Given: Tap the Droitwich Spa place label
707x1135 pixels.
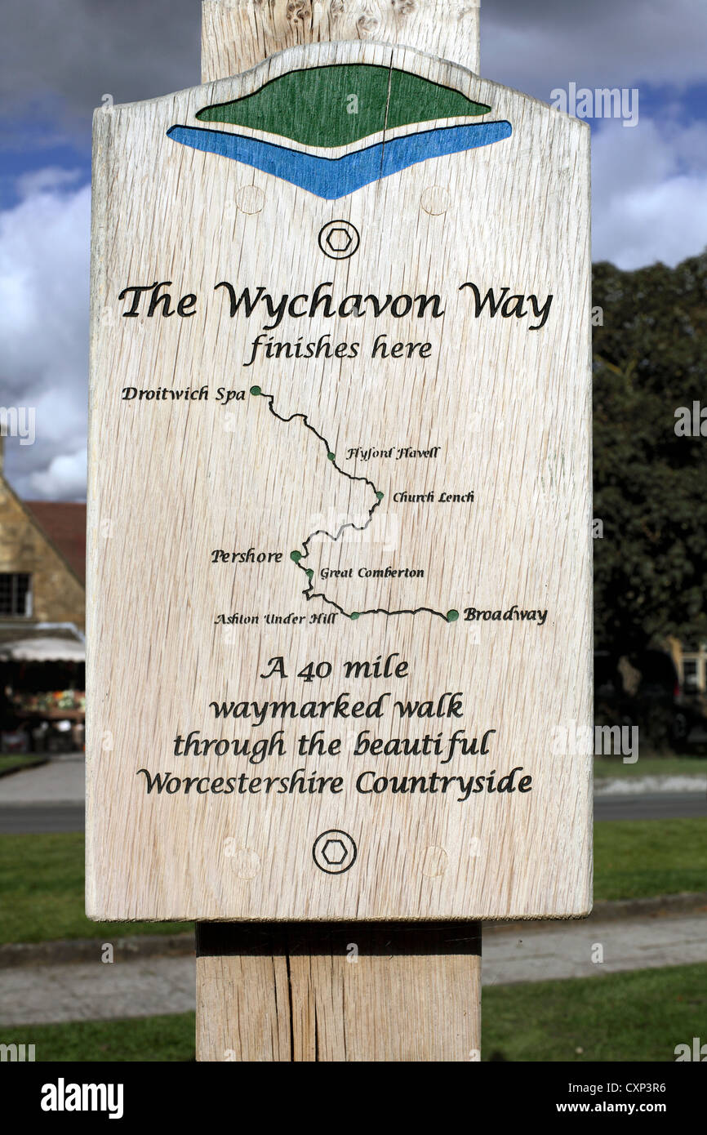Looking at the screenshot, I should point(183,394).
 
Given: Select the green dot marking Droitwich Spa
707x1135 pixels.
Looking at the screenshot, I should point(256,391).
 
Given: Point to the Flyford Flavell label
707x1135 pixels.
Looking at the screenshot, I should point(393,453).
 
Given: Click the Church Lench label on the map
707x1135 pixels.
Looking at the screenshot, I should point(433,496).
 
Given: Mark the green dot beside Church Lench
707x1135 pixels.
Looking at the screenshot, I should point(380,496).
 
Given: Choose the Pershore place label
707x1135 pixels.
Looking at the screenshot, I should point(246,557).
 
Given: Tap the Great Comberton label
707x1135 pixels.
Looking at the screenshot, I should point(371,573).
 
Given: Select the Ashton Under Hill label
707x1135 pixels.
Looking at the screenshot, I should point(275,619).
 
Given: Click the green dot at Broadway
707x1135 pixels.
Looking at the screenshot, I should point(451,616).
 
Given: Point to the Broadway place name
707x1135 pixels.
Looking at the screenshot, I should point(505,615).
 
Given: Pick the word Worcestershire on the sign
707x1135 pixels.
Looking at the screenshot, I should point(240,782).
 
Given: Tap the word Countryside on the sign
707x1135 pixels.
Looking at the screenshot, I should point(443,782).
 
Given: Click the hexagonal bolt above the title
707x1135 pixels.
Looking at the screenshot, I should point(338,239).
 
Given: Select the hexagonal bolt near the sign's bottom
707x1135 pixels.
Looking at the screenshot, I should point(334,852).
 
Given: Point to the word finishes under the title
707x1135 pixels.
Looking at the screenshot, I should point(303,349).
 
